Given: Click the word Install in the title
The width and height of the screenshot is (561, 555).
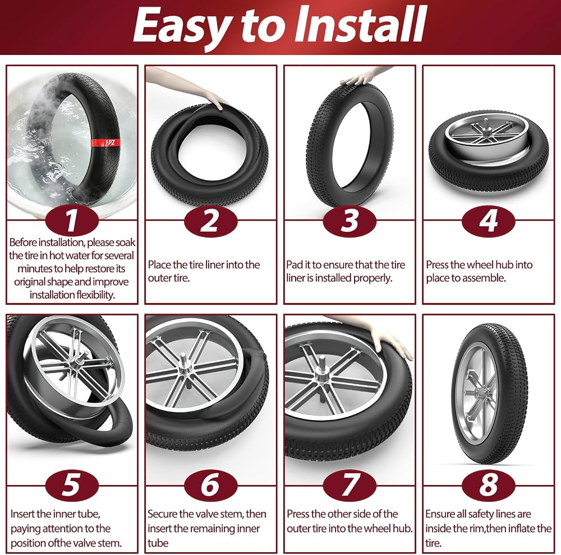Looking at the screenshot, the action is [x=361, y=25].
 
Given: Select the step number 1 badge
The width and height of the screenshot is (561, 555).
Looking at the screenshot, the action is [x=72, y=221].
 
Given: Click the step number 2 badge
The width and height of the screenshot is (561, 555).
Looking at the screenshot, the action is [x=211, y=221].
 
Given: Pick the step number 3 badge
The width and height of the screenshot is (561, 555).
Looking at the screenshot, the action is [x=350, y=221].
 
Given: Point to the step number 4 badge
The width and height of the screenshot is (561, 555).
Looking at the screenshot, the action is [x=489, y=221].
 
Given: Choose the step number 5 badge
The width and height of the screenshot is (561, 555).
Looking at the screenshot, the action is [x=72, y=485].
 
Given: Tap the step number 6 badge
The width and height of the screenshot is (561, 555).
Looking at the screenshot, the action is [x=211, y=485].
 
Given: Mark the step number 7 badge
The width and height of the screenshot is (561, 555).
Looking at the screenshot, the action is [x=350, y=485].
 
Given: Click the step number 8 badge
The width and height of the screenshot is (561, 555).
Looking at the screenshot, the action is [x=489, y=485].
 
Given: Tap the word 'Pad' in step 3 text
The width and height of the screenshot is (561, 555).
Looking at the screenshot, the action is [x=295, y=265].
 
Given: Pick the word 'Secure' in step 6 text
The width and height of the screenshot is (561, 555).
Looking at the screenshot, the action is [x=163, y=514].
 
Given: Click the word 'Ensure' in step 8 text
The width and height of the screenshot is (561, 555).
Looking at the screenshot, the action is [x=440, y=514].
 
